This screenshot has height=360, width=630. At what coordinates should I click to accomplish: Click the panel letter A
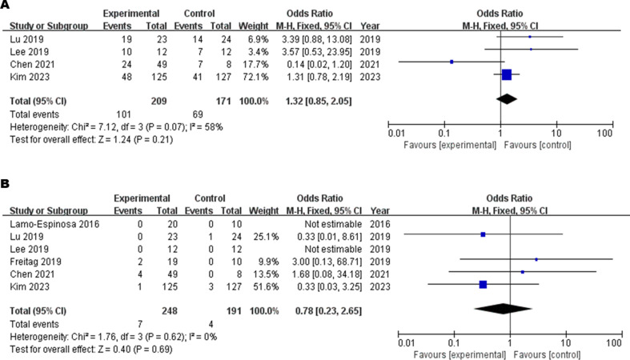tap(6, 6)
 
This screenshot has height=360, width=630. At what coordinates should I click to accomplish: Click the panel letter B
tap(6, 184)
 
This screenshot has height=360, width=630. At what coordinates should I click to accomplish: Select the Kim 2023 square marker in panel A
tap(506, 74)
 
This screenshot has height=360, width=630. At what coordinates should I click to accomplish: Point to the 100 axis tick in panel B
tap(615, 342)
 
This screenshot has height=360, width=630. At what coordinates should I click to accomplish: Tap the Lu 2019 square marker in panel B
tap(483, 234)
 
